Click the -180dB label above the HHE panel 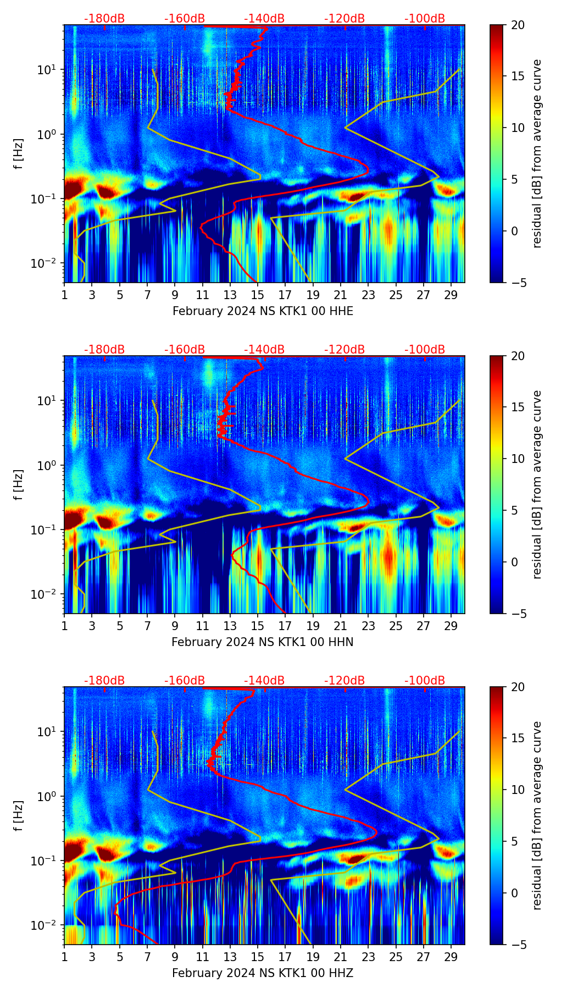104,19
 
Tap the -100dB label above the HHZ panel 425,681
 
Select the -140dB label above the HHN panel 264,350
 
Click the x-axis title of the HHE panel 263,311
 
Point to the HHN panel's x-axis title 263,642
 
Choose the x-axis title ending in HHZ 263,973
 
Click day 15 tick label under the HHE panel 258,295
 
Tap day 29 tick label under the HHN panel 451,626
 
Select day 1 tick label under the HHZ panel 64,957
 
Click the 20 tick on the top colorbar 518,25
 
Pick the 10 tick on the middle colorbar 518,459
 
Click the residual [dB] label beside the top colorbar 537,154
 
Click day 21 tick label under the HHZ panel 341,957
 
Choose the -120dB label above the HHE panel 344,19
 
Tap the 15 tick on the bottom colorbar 518,738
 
